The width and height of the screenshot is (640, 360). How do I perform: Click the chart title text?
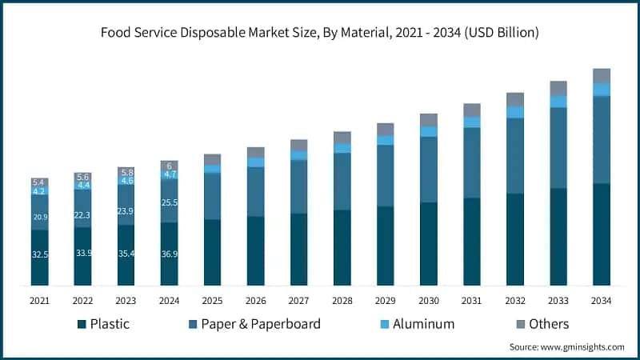coord(320,33)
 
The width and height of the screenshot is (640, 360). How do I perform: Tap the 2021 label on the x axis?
coord(40,300)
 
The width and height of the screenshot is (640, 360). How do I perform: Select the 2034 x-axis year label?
coord(601,300)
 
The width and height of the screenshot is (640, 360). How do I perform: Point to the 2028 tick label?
coord(342,300)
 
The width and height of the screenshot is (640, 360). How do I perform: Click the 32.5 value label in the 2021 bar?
coord(40,254)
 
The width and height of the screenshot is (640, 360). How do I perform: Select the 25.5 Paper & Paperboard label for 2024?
coord(170,203)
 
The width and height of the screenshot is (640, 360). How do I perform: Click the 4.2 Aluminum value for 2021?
coord(40,191)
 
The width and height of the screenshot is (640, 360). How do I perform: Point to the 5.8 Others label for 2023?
coord(126,172)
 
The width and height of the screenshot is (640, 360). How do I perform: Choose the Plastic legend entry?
coord(104,324)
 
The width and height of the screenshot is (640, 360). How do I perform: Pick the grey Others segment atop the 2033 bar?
coord(558,88)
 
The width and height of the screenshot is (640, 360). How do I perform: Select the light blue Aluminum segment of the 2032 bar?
coord(514,112)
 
